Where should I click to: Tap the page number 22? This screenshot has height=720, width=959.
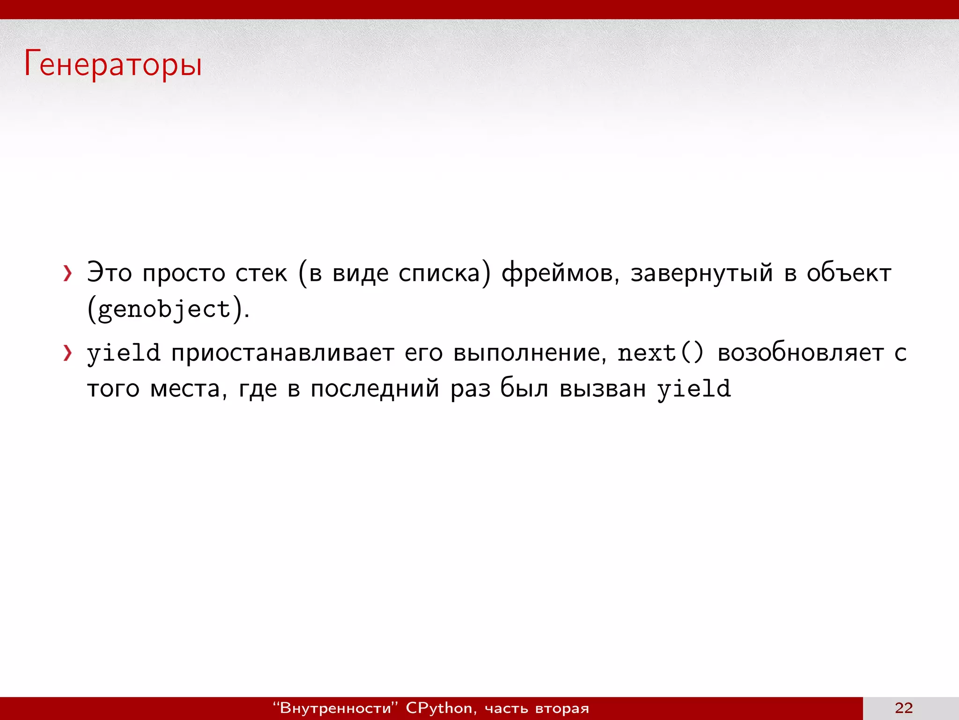pyautogui.click(x=903, y=708)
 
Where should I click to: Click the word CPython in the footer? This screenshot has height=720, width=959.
pyautogui.click(x=439, y=708)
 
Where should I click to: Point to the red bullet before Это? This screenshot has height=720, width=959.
pyautogui.click(x=68, y=273)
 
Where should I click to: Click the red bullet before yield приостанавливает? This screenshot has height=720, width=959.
pyautogui.click(x=68, y=353)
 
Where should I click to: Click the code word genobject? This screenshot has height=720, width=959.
pyautogui.click(x=164, y=309)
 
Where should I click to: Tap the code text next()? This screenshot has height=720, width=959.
pyautogui.click(x=660, y=353)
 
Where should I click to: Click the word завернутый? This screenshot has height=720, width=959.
pyautogui.click(x=701, y=273)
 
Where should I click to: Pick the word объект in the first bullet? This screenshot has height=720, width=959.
pyautogui.click(x=848, y=273)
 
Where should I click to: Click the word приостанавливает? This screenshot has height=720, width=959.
pyautogui.click(x=282, y=353)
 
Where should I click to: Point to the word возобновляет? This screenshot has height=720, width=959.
pyautogui.click(x=800, y=353)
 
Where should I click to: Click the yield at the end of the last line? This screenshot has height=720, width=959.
pyautogui.click(x=693, y=389)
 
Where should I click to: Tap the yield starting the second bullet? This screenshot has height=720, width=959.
pyautogui.click(x=124, y=353)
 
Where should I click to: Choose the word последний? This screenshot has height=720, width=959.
pyautogui.click(x=375, y=389)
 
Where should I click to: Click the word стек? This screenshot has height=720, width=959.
pyautogui.click(x=261, y=273)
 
